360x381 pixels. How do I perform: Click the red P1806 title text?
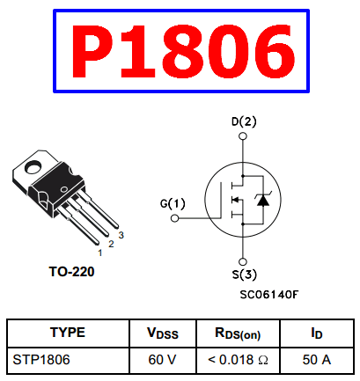point(182,51)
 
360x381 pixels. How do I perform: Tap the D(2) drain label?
point(244,121)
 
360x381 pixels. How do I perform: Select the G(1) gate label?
point(173,203)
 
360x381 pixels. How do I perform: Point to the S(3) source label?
point(245,275)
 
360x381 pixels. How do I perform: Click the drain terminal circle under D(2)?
point(243,136)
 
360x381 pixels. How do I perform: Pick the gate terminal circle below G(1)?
point(174,218)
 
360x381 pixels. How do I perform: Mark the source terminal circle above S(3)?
point(243,261)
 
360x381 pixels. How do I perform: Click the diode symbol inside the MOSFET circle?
point(263,200)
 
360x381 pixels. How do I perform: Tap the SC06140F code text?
point(269,294)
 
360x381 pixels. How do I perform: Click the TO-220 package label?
point(71,272)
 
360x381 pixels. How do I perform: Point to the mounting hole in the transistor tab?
point(33,166)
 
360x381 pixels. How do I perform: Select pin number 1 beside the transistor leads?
point(100,253)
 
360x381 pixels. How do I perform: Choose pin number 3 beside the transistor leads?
point(121,235)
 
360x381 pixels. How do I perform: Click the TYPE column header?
point(68,333)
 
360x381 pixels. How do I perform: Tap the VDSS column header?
point(163,333)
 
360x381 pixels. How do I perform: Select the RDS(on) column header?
point(238,333)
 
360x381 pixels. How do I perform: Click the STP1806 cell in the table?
point(41,360)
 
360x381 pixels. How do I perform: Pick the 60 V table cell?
point(162,360)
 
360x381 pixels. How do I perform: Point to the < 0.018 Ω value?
point(238,360)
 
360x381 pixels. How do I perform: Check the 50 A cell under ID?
point(317,360)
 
